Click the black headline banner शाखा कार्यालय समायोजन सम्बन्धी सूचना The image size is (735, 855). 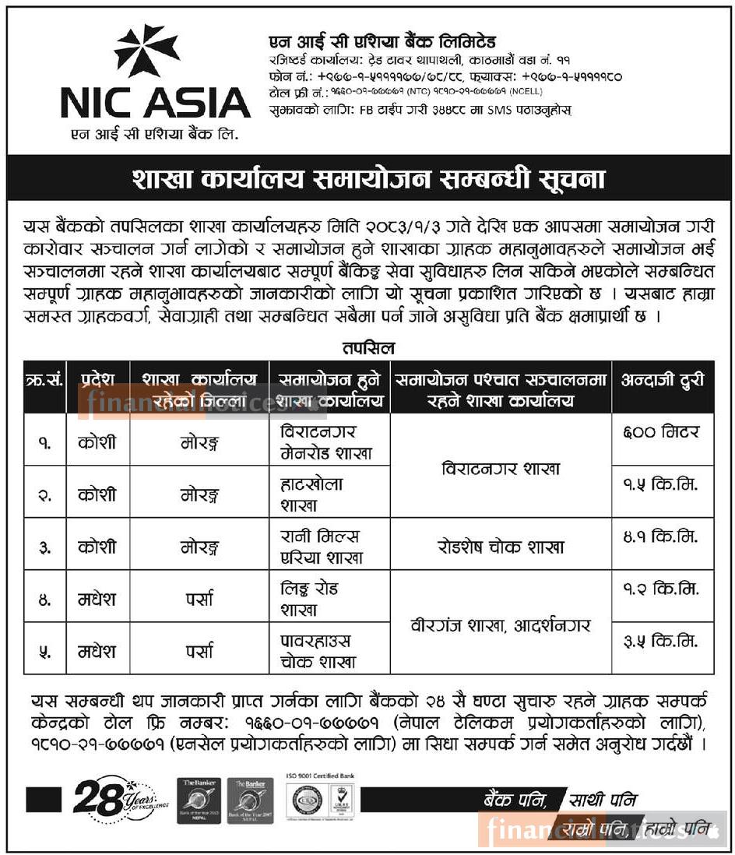coord(367,180)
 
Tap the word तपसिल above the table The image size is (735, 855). coord(367,348)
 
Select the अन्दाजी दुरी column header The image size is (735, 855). coord(663,381)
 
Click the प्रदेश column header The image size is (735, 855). coord(98,381)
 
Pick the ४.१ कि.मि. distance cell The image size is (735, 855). coord(663,537)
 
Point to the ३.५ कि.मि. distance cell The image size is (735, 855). coord(663,642)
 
